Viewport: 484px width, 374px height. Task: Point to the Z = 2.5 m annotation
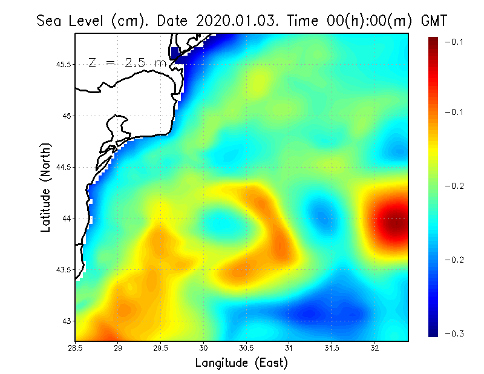[127, 62]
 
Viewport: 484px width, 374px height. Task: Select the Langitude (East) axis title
[241, 363]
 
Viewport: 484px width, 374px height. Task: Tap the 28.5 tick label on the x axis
[76, 348]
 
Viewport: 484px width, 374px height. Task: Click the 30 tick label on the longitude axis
[204, 348]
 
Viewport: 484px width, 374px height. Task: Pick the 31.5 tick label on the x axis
[332, 348]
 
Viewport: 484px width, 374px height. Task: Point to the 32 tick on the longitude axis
[374, 348]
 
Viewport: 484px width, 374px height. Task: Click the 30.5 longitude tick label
[246, 348]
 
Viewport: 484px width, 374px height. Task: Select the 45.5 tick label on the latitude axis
[64, 64]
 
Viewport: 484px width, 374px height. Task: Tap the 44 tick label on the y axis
[67, 218]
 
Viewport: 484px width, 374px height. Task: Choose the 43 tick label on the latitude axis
[67, 321]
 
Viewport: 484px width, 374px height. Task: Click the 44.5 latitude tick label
[64, 167]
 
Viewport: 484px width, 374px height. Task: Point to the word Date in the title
[175, 21]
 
